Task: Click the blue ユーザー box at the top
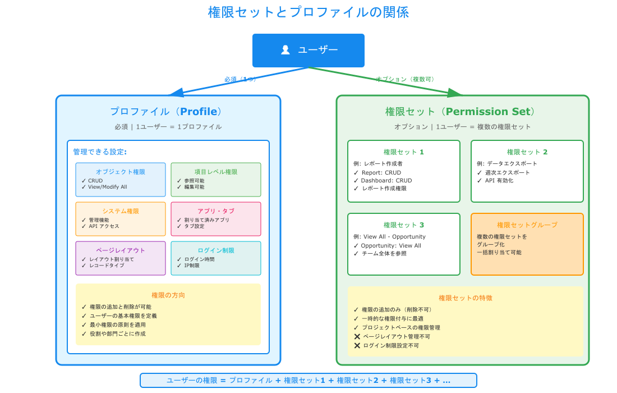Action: (308, 51)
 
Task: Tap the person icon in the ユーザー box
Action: (285, 50)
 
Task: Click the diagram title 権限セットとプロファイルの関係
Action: (308, 12)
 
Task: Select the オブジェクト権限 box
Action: (121, 180)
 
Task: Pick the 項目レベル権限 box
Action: (216, 180)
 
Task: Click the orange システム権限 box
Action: (121, 219)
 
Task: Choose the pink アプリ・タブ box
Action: (216, 219)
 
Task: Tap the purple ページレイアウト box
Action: (121, 258)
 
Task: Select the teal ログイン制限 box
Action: (216, 258)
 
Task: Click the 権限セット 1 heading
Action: (403, 152)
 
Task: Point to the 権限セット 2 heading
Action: (527, 152)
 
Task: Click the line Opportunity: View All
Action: (391, 245)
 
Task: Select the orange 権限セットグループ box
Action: (527, 244)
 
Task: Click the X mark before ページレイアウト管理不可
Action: (357, 336)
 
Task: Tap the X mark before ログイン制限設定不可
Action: (357, 345)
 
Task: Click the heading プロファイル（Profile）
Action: (168, 112)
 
